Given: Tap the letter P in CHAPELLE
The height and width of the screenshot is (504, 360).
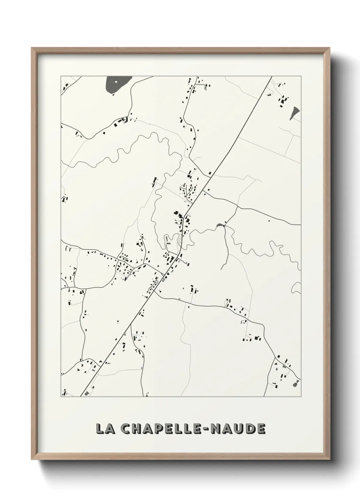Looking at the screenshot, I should [160, 429].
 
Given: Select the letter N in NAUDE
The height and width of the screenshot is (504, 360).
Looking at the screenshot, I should [216, 429].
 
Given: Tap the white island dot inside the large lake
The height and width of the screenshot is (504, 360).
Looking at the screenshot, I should [116, 82].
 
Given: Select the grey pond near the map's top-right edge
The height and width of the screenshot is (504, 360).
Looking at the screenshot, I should [295, 112].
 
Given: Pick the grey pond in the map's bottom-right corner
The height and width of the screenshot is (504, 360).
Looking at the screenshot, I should [296, 383].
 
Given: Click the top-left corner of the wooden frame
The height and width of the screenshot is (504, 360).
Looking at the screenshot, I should [32, 48].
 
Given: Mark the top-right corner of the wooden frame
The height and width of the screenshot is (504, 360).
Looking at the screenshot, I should [328, 48].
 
